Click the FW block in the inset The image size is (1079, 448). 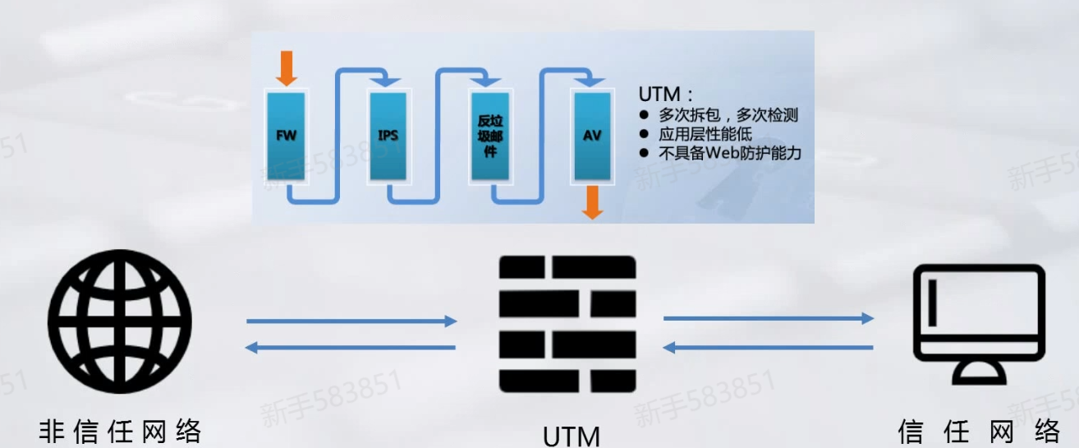[286, 136]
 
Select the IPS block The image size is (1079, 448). [388, 136]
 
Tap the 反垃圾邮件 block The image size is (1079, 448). [489, 136]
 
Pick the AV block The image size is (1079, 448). [591, 136]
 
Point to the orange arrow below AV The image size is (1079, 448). [592, 202]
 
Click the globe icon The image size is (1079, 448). [120, 321]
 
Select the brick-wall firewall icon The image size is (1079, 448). [567, 324]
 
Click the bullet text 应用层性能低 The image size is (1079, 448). [705, 134]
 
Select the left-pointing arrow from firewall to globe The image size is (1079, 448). [351, 348]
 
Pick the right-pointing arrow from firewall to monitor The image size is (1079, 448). [769, 318]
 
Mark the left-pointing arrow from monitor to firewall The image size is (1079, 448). [769, 348]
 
